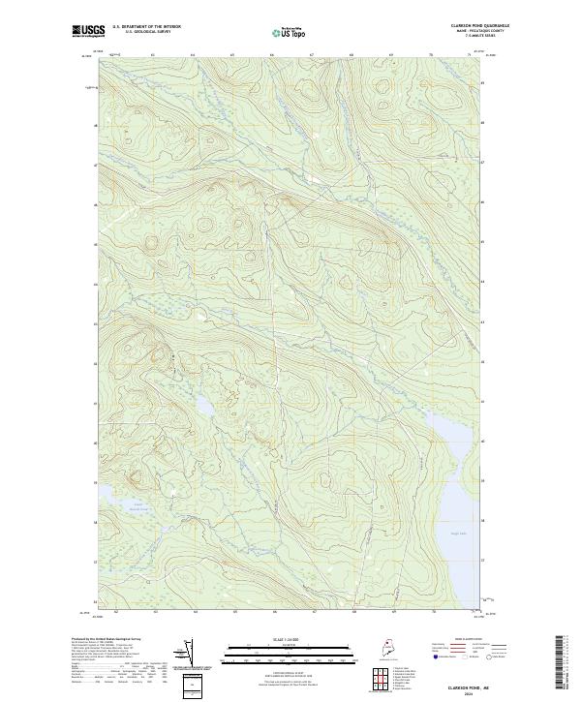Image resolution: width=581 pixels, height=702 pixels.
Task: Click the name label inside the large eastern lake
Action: coord(458,522)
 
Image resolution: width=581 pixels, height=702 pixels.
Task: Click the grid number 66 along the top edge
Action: coord(272,55)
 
